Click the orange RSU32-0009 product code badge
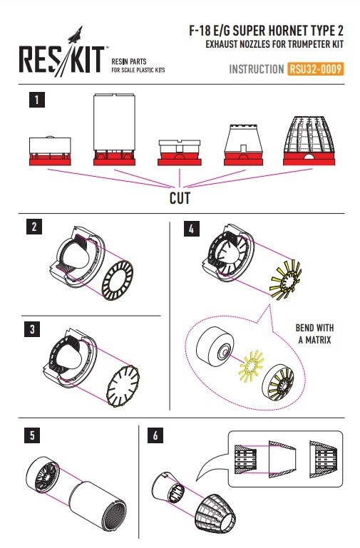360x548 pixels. (x=315, y=69)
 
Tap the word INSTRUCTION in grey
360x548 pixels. (x=256, y=69)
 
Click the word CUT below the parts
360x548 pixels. (x=180, y=198)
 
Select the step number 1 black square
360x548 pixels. (x=36, y=100)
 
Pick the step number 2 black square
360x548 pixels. (x=34, y=227)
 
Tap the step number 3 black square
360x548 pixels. (x=32, y=329)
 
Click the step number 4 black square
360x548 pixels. (x=191, y=229)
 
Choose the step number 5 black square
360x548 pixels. (x=32, y=435)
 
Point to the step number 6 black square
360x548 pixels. (x=155, y=435)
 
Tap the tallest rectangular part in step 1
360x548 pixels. (x=114, y=129)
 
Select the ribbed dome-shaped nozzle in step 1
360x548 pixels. (x=309, y=140)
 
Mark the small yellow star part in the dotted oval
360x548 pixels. (x=251, y=366)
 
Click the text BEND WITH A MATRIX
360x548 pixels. (x=314, y=334)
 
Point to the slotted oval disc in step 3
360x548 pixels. (x=123, y=386)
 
